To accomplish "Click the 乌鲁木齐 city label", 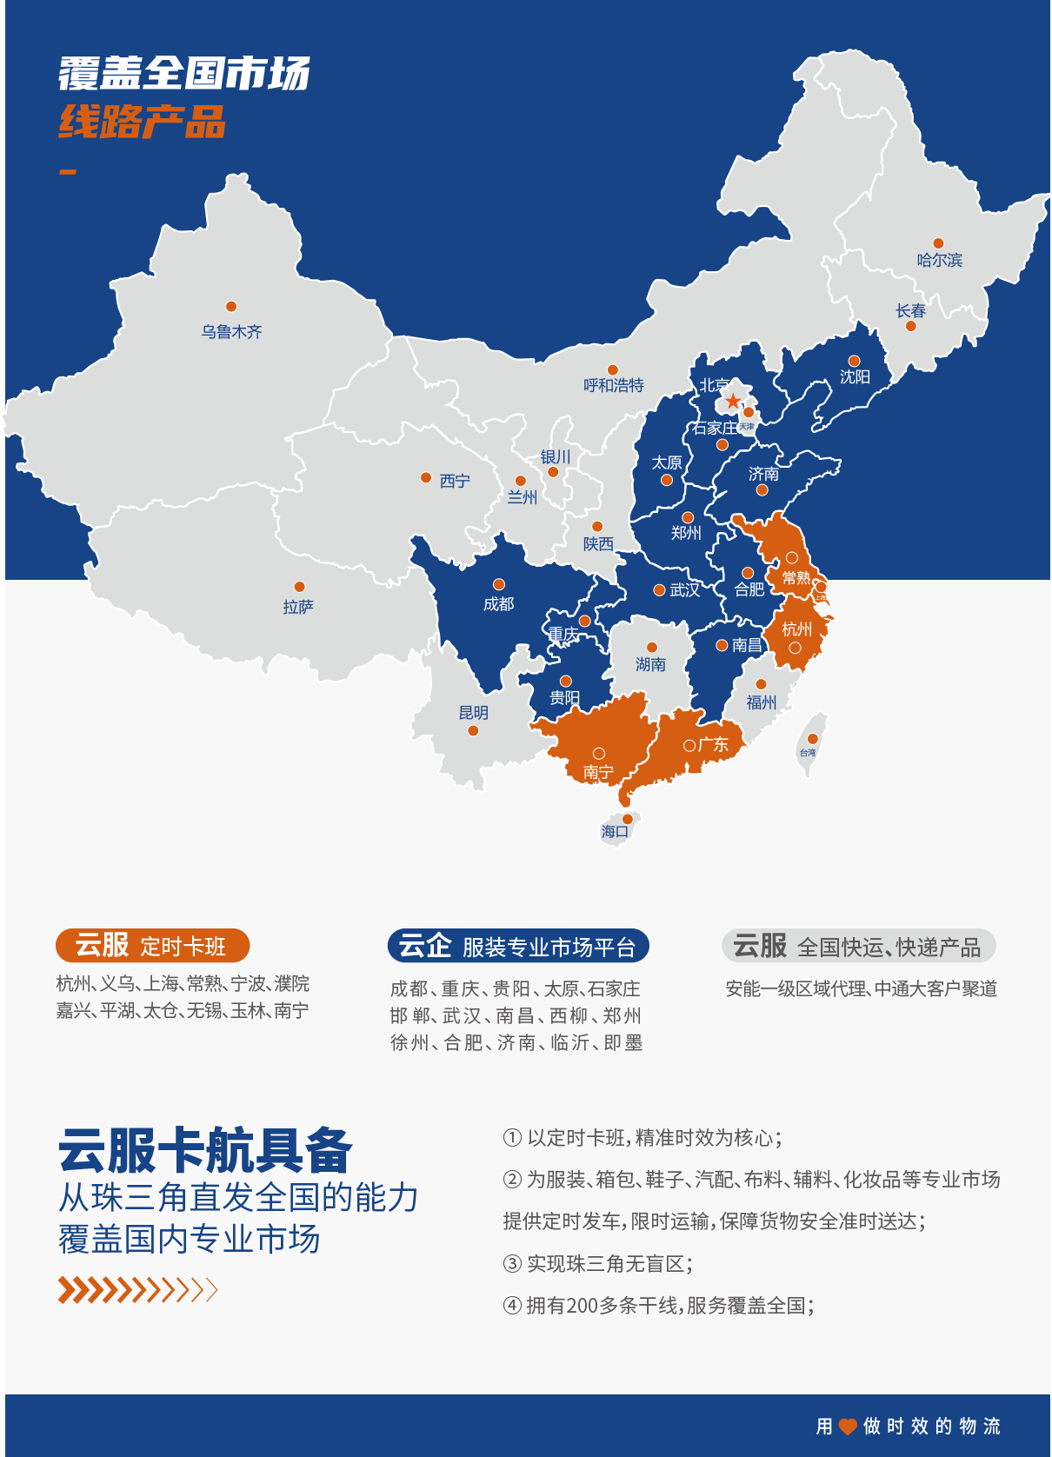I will click(x=231, y=331).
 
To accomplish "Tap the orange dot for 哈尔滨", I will click(x=938, y=243).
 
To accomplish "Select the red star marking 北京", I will click(x=733, y=401).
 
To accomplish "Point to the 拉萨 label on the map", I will click(x=298, y=607).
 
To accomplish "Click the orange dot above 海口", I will click(x=627, y=819).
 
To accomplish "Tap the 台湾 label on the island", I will click(x=808, y=753).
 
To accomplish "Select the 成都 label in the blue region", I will click(x=498, y=603).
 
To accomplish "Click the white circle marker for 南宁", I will click(x=599, y=754).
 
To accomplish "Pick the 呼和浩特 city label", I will click(x=613, y=385).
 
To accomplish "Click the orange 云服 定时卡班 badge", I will click(x=153, y=946).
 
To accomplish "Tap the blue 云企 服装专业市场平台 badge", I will click(x=518, y=946).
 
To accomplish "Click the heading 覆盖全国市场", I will click(x=184, y=73).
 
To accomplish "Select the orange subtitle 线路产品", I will click(x=143, y=122).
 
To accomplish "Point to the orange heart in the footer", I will click(x=848, y=1427).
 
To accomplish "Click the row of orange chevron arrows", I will click(x=137, y=1290).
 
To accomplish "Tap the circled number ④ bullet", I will click(x=512, y=1306).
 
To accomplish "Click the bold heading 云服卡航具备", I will click(x=205, y=1151).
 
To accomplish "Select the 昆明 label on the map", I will click(x=473, y=713).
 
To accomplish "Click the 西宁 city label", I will click(x=455, y=481).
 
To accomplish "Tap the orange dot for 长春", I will click(x=910, y=326).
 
